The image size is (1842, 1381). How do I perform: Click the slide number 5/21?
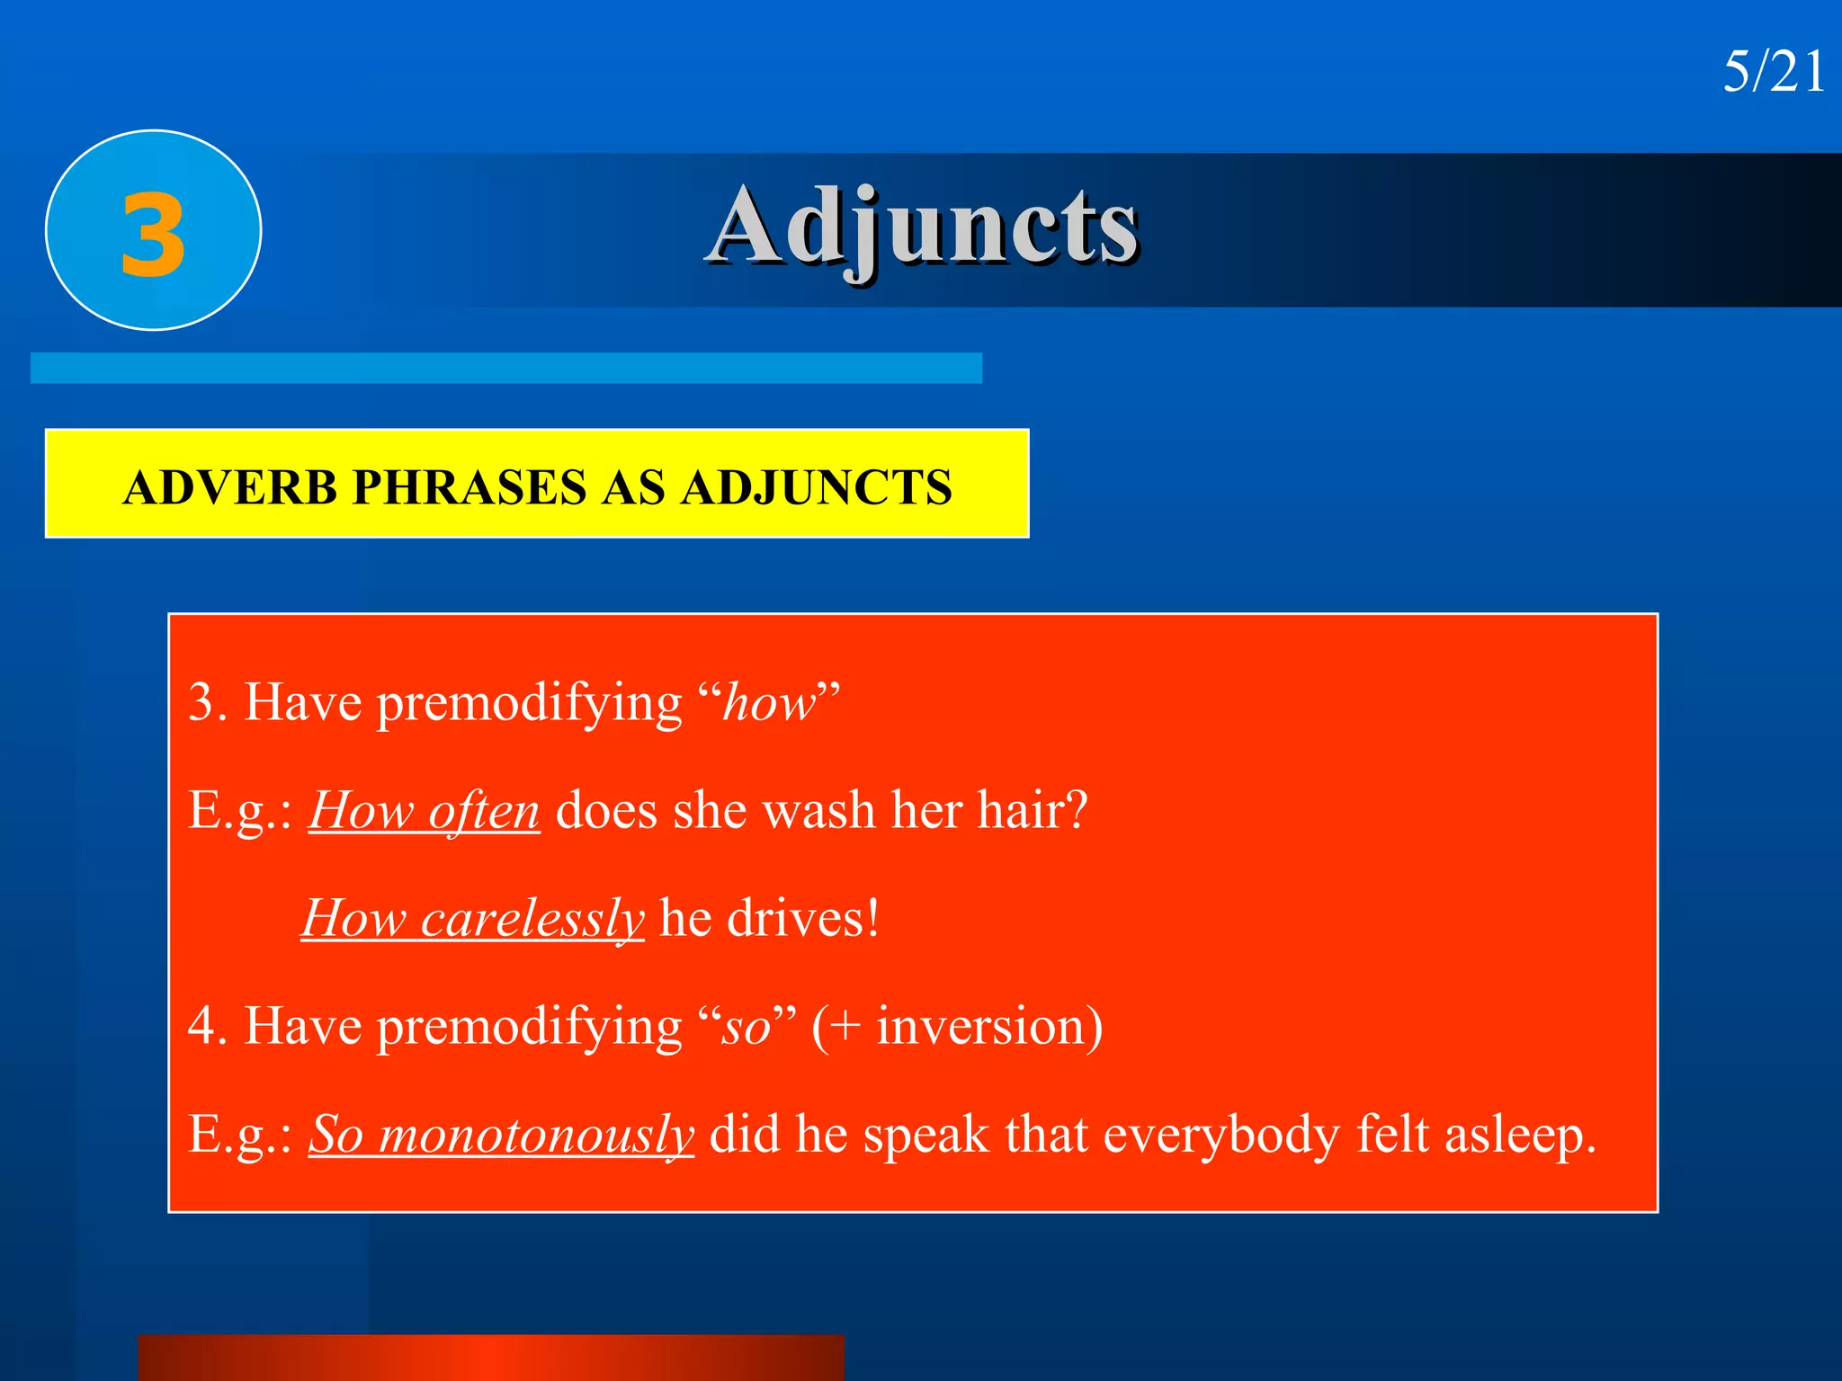pyautogui.click(x=1773, y=72)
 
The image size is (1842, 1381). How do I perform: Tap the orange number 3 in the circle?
pyautogui.click(x=154, y=236)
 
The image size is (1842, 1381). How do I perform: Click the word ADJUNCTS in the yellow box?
pyautogui.click(x=815, y=488)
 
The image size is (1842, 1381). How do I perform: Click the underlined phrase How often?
pyautogui.click(x=425, y=811)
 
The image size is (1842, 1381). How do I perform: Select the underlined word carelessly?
pyautogui.click(x=532, y=919)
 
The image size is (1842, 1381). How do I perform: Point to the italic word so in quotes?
pyautogui.click(x=747, y=1027)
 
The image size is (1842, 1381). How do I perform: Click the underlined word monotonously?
pyautogui.click(x=536, y=1135)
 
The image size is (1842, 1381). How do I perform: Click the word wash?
pyautogui.click(x=818, y=811)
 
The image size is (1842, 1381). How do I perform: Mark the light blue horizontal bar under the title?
pyautogui.click(x=505, y=368)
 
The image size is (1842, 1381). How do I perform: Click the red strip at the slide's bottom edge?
pyautogui.click(x=491, y=1358)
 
